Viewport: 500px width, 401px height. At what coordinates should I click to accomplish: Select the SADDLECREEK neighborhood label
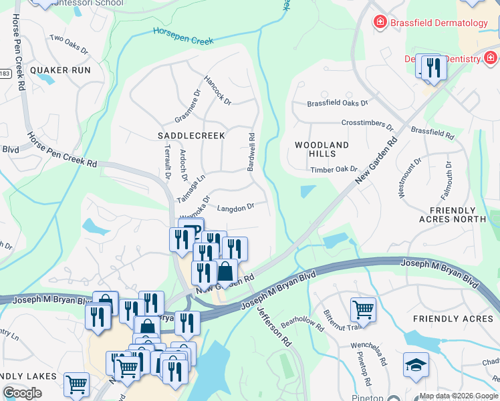tap(191, 135)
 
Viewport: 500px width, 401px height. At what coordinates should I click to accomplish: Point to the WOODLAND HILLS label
tap(322, 149)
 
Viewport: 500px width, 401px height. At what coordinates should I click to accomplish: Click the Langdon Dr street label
tap(236, 208)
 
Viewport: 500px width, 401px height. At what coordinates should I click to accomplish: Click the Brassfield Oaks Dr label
tap(338, 103)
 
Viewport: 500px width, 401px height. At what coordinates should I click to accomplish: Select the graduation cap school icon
tap(416, 365)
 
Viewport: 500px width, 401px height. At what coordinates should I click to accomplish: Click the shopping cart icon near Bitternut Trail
tap(363, 309)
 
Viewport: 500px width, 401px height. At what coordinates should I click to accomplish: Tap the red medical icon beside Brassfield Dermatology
tap(380, 23)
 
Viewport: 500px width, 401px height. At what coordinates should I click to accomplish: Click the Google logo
tap(23, 393)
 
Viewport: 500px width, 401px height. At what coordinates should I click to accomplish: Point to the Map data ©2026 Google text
tap(459, 396)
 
